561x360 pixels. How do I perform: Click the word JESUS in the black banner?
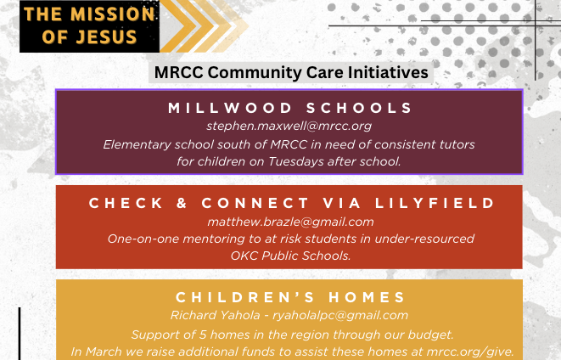[106, 37]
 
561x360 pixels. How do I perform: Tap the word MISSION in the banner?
[112, 14]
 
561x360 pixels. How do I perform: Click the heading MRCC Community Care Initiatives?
[291, 72]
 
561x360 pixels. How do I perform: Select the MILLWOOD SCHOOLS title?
[290, 108]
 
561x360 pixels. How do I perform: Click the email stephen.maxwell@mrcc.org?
[289, 126]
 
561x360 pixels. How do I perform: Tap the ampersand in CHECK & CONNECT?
[182, 203]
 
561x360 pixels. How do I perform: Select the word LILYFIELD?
[435, 203]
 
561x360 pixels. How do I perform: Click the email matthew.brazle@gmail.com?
[290, 222]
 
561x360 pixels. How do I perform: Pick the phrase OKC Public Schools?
[290, 256]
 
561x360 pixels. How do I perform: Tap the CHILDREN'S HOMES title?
[290, 297]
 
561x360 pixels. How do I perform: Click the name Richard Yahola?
[215, 315]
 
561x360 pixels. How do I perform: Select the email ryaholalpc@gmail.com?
[340, 316]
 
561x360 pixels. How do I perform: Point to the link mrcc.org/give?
[470, 352]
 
